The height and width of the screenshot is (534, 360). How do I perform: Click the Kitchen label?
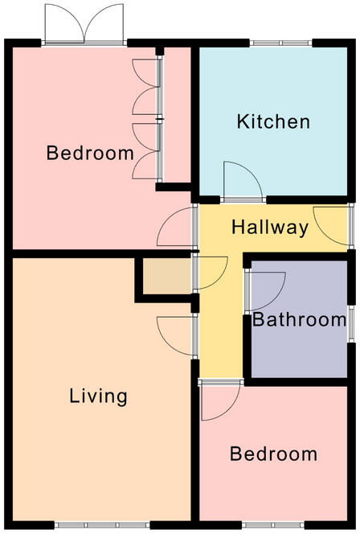pyautogui.click(x=273, y=122)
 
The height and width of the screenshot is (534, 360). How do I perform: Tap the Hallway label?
pyautogui.click(x=270, y=228)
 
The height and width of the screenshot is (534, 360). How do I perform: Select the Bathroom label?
pyautogui.click(x=300, y=319)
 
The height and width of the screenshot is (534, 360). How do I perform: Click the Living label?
pyautogui.click(x=98, y=396)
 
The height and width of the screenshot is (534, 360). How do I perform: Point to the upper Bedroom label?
pyautogui.click(x=89, y=153)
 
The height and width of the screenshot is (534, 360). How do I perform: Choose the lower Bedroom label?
pyautogui.click(x=273, y=454)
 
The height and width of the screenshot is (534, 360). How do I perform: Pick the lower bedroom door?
pyautogui.click(x=218, y=400)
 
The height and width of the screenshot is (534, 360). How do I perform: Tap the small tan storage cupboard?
pyautogui.click(x=165, y=276)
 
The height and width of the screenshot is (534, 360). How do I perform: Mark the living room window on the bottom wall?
pyautogui.click(x=97, y=525)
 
